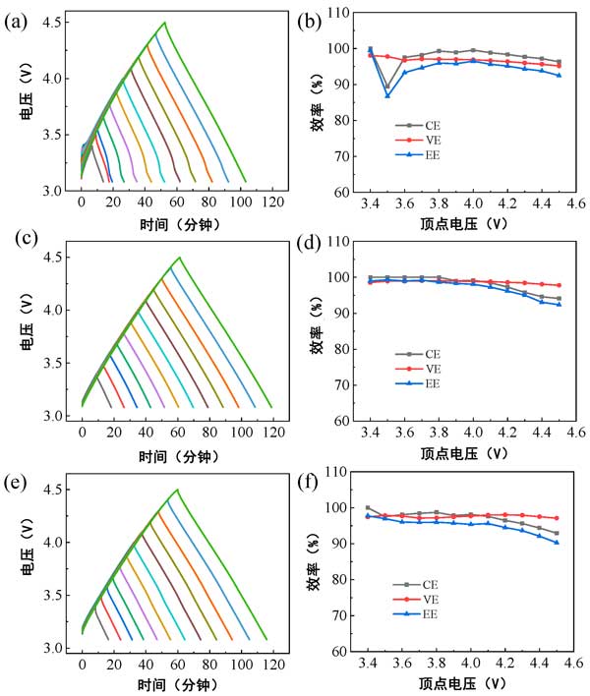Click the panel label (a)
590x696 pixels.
tap(17, 17)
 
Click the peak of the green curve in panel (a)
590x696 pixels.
tap(164, 22)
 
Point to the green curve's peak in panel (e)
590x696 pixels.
tap(178, 490)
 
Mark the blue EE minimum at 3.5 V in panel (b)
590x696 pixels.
tap(387, 95)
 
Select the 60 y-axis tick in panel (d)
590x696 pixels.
tap(345, 421)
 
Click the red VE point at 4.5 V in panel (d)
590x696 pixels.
tap(559, 285)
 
